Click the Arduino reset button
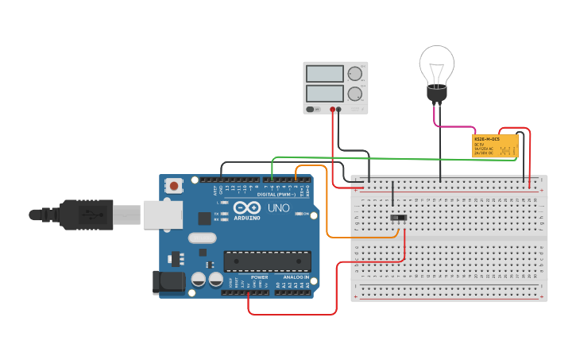coord(173,186)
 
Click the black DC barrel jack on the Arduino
coord(168,281)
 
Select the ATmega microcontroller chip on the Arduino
coord(267,261)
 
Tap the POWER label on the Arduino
coord(259,277)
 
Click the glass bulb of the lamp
coord(436,64)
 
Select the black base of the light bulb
coord(436,95)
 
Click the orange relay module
coord(495,145)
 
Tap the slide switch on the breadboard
coord(400,218)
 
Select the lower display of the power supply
coord(325,93)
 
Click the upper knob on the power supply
coord(354,74)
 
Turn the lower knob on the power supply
coord(354,93)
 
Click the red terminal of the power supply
coord(332,109)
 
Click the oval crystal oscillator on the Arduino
coord(203,238)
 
